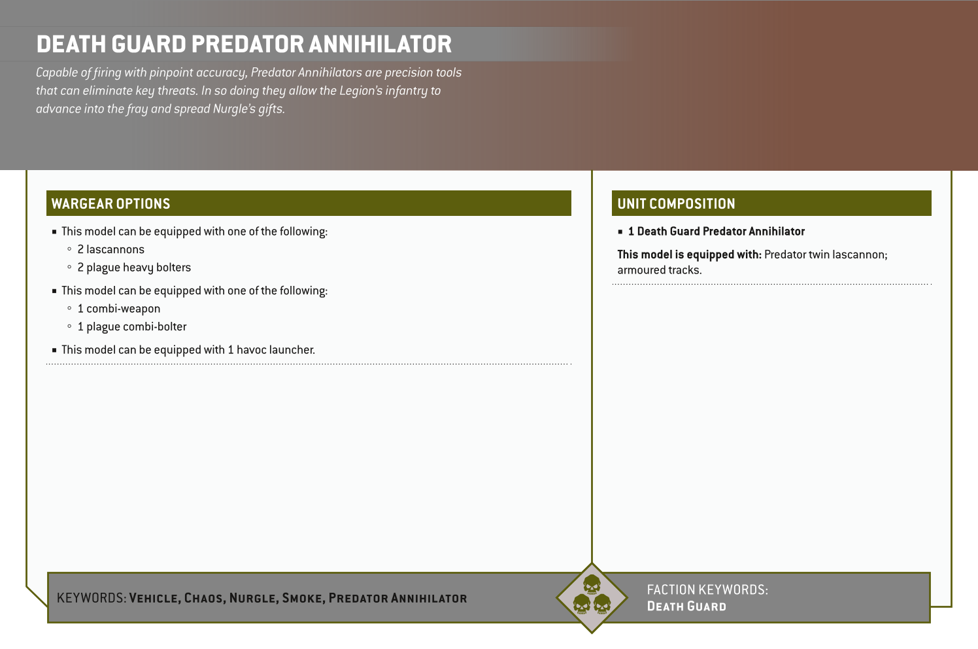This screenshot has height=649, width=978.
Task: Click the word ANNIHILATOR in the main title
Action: pos(380,44)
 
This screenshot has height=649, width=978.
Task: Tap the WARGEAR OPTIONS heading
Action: pos(110,204)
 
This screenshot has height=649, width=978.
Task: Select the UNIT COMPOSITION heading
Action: pos(676,204)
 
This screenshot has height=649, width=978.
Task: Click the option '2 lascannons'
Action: pos(110,249)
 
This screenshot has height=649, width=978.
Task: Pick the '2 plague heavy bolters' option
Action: pos(134,268)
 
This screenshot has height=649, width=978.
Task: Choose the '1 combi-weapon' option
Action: pos(118,309)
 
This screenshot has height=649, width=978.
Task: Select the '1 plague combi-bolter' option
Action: pos(131,326)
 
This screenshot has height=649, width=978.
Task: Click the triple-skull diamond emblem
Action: pos(592,597)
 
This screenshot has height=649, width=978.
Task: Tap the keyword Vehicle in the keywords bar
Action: pos(154,598)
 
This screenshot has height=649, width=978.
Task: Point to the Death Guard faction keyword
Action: pos(686,606)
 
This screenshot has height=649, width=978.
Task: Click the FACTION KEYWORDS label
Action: pos(707,589)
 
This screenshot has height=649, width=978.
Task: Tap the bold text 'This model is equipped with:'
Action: pos(689,254)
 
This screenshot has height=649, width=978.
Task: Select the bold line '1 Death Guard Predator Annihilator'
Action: pos(716,232)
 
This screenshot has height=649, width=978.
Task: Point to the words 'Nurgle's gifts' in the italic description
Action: pos(248,109)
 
